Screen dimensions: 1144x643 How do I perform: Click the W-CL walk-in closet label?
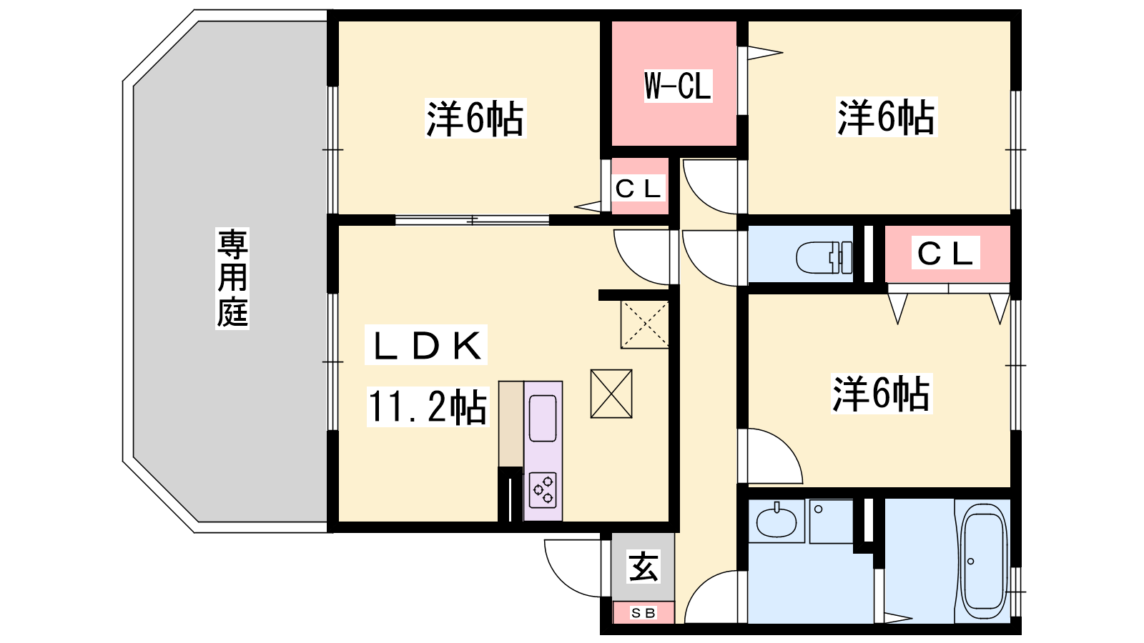click(x=678, y=86)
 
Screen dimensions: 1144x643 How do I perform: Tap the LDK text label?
click(x=426, y=346)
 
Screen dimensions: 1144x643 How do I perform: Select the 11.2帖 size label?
click(x=428, y=407)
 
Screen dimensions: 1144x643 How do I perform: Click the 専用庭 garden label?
click(x=232, y=279)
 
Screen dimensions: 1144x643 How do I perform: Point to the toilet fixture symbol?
click(x=824, y=257)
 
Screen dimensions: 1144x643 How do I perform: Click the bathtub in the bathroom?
click(x=983, y=557)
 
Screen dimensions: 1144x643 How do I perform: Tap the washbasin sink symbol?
click(x=776, y=522)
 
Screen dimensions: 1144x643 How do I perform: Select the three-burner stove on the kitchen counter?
click(x=543, y=490)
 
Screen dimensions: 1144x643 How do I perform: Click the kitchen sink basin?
click(x=543, y=419)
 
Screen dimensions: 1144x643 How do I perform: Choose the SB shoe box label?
click(x=643, y=613)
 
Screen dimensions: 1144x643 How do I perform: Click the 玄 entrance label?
click(x=643, y=567)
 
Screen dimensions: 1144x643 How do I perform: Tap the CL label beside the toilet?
click(x=945, y=253)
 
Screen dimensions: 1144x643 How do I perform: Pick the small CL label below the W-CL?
click(x=638, y=189)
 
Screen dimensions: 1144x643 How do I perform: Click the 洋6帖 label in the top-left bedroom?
click(x=475, y=119)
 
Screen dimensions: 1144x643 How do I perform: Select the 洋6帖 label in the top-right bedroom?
click(x=886, y=117)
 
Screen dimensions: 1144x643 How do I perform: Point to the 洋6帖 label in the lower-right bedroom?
click(x=882, y=394)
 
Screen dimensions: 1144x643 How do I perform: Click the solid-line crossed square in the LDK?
click(x=611, y=394)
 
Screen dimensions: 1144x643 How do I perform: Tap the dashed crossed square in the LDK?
click(x=644, y=324)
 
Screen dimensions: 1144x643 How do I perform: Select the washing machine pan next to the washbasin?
click(x=831, y=521)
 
